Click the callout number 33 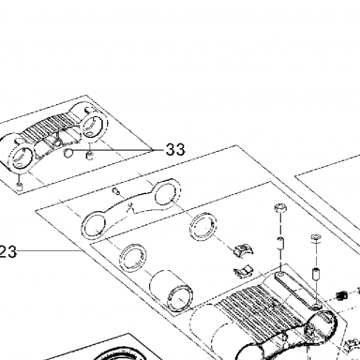click(x=175, y=149)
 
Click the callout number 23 click(x=8, y=251)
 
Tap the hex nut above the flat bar click(x=280, y=208)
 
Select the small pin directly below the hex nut click(x=281, y=243)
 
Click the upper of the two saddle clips click(x=244, y=249)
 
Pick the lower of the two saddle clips click(x=243, y=272)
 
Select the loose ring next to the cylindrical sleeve click(x=133, y=259)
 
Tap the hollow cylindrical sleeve click(x=171, y=290)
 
